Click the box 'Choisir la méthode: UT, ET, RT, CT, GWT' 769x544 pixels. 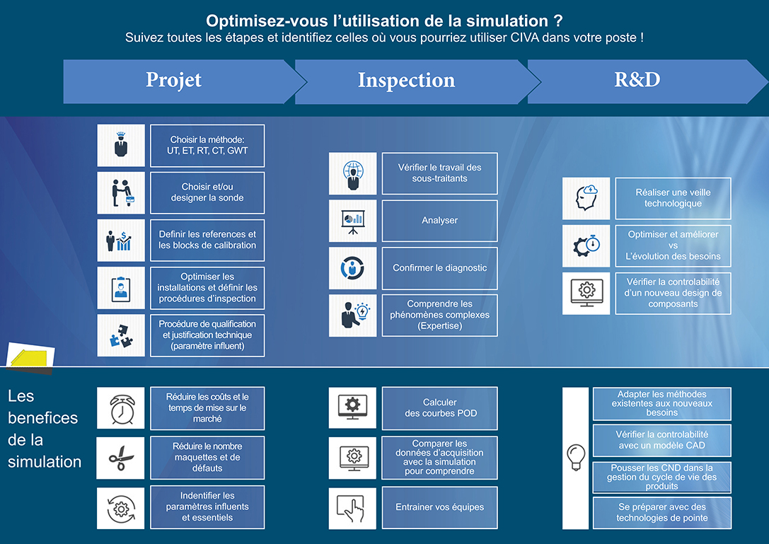(x=207, y=146)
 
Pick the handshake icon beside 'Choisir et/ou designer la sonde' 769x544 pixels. (x=121, y=193)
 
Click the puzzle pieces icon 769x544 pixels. (x=121, y=335)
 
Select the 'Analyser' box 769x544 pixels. (x=440, y=221)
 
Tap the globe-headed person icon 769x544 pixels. (x=352, y=173)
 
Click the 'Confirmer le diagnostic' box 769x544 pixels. (x=440, y=268)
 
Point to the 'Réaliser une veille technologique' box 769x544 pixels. (x=673, y=198)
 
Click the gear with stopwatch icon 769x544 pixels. (x=586, y=245)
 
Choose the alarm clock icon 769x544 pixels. (x=121, y=408)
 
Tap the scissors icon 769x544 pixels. (x=121, y=458)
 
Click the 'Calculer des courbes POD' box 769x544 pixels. (x=440, y=408)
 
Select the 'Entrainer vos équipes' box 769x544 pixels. (x=440, y=508)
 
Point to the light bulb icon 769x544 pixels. (x=576, y=457)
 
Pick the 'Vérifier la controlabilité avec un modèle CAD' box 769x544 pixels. (x=662, y=440)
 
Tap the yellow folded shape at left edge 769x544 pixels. (x=30, y=356)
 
